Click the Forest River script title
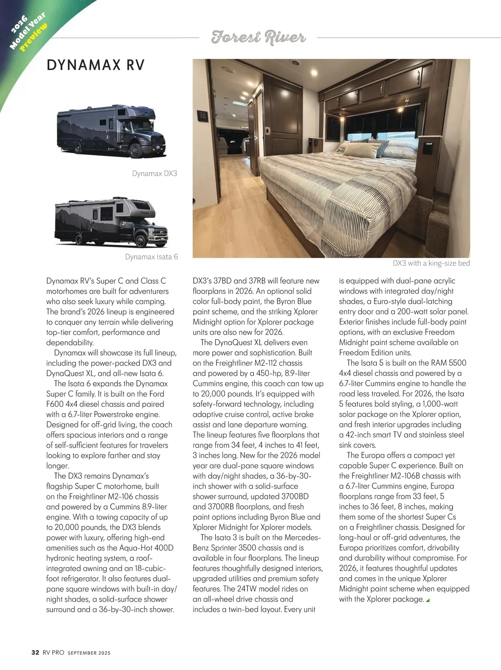click(258, 37)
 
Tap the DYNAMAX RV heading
click(96, 65)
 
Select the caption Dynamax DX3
click(154, 173)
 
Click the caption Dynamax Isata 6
click(152, 257)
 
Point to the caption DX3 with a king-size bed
click(431, 263)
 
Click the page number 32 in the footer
click(35, 652)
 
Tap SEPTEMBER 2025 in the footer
click(89, 653)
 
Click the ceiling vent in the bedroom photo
click(296, 63)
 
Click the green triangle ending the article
click(428, 600)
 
